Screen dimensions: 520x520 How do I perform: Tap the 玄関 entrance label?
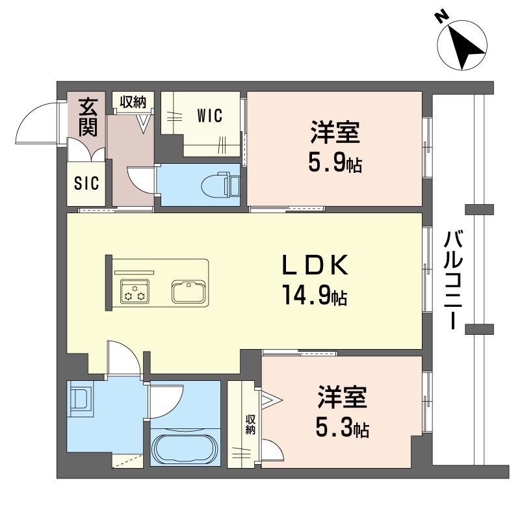click(88, 117)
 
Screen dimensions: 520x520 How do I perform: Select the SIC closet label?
click(86, 183)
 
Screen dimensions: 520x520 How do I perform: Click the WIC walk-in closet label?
click(209, 116)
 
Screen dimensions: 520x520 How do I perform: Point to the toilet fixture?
click(220, 185)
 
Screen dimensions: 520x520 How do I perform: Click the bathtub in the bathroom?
click(185, 447)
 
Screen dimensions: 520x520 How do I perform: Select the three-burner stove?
click(135, 291)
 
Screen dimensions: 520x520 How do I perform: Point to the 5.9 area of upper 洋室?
click(328, 163)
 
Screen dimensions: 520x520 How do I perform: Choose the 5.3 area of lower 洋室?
click(334, 428)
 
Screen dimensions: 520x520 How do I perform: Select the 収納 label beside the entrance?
click(133, 102)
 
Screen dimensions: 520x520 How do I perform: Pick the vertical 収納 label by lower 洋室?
click(250, 424)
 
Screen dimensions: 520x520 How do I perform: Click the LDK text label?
click(315, 265)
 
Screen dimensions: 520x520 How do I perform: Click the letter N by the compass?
click(443, 17)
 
